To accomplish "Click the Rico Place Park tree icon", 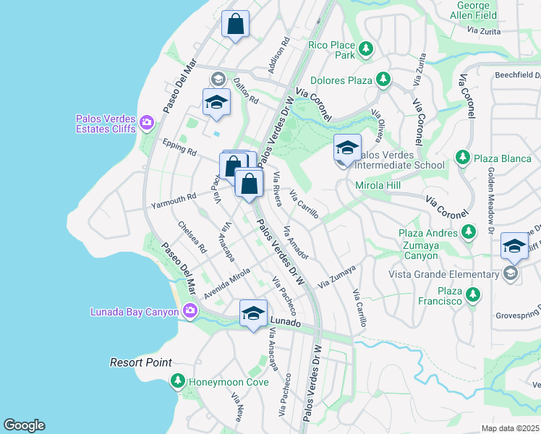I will point(367,48).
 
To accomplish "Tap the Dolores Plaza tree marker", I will point(383,80).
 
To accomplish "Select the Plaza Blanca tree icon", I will point(463,157).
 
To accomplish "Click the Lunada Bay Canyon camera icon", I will point(190,312).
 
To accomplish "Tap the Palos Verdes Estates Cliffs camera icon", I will point(147,123).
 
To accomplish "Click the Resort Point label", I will point(140,362).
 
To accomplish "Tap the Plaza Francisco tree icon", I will point(473,294).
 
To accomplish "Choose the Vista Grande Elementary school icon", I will point(511,273).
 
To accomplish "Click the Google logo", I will point(24,425).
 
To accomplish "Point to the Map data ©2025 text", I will point(511,428).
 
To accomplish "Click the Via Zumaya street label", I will point(338,275).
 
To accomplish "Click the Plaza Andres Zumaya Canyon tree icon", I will point(469,232).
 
